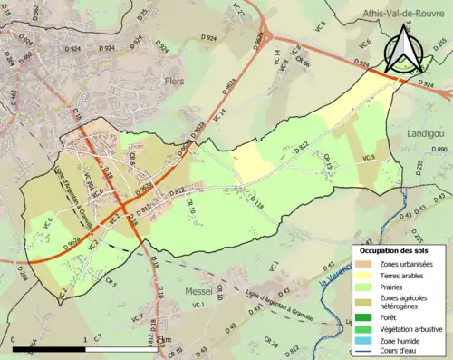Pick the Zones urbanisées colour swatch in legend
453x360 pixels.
[x=364, y=264]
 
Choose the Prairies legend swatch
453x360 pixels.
[x=364, y=287]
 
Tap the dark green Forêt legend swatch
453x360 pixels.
[x=364, y=317]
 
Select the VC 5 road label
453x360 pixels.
[x=368, y=159]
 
